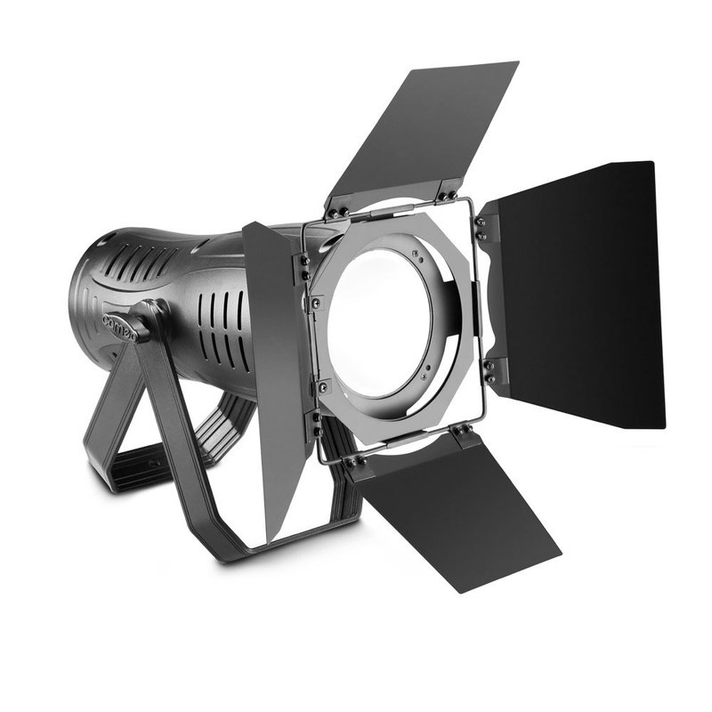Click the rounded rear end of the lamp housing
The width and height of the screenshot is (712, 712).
coord(85,294)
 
